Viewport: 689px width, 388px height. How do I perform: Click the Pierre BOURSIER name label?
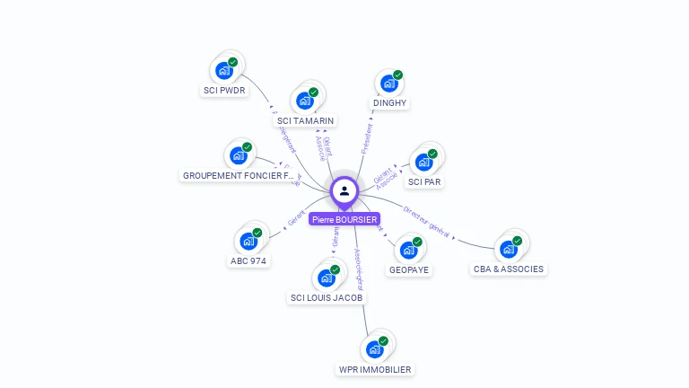click(344, 219)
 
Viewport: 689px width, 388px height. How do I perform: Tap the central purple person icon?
click(344, 190)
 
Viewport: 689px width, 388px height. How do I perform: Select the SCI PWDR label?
click(224, 91)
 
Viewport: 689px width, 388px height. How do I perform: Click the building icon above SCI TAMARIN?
click(304, 101)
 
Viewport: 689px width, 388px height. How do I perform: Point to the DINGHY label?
click(389, 103)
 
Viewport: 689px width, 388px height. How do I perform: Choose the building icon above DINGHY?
click(388, 84)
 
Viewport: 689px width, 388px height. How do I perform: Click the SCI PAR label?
click(424, 182)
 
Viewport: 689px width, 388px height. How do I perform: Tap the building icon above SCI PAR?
click(423, 163)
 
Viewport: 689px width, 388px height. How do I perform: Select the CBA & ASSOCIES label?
click(509, 269)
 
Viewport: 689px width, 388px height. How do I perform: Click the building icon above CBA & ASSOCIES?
click(509, 249)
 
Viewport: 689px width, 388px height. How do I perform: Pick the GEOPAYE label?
click(408, 269)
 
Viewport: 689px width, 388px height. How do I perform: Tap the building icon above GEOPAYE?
click(408, 250)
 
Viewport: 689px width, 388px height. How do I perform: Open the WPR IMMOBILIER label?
click(375, 369)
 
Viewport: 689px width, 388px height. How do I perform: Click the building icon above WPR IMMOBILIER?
click(374, 349)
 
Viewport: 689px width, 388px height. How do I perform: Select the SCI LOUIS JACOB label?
click(327, 297)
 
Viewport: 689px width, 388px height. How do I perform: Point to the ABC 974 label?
click(248, 260)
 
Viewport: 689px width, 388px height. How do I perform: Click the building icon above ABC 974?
click(248, 241)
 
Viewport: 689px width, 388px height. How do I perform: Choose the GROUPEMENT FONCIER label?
click(239, 176)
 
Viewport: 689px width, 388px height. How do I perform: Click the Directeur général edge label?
click(427, 219)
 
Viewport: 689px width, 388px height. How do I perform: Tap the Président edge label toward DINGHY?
click(366, 139)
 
